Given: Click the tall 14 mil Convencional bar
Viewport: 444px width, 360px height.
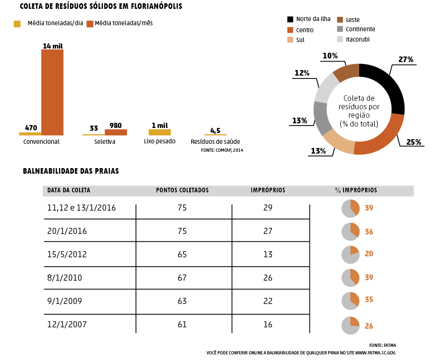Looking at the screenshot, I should pos(52,92).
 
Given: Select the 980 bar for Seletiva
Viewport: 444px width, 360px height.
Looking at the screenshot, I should pos(116,132).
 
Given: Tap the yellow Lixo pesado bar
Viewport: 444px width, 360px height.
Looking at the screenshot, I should pos(159,132).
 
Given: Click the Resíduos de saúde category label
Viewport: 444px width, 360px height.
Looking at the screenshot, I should pos(215,141).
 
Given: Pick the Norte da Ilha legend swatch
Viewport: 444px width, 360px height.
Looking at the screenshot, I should pos(290,19).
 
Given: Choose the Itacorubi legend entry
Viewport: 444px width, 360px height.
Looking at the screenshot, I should pos(358,40).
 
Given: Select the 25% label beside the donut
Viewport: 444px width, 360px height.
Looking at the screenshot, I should pos(413,141).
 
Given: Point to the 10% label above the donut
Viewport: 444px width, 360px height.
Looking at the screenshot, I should pos(330,56).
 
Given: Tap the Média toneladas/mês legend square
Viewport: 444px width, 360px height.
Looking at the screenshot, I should pos(90,24).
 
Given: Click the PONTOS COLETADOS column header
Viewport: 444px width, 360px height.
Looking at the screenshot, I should pos(182,191).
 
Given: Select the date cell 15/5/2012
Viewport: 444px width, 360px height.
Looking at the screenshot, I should pos(67,254).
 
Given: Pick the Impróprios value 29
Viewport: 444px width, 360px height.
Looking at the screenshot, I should pos(268,208).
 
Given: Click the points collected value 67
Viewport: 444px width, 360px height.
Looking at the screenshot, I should pos(182,278).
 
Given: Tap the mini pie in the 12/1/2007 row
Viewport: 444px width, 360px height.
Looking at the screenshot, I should pos(351,325).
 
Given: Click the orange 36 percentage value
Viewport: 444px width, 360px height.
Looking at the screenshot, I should pos(369,232).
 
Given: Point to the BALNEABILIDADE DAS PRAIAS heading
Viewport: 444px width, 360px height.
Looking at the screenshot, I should pos(71,171).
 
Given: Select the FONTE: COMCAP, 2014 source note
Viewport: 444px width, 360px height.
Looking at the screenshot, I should pos(222,150).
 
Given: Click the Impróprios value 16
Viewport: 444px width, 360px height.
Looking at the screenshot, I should pos(268,324).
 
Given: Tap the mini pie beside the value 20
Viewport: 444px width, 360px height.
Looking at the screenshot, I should pos(351,254).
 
